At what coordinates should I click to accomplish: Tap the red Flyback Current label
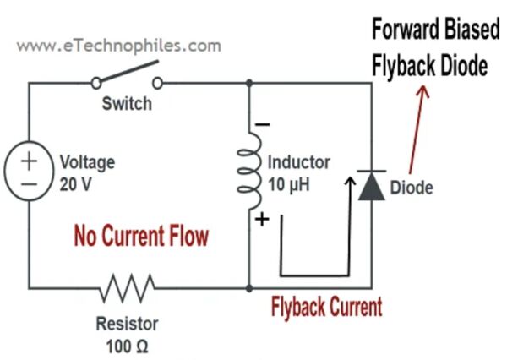pyautogui.click(x=326, y=306)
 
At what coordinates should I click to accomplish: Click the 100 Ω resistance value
pyautogui.click(x=129, y=346)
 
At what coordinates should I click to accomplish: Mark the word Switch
pyautogui.click(x=127, y=105)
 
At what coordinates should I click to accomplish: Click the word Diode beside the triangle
pyautogui.click(x=411, y=188)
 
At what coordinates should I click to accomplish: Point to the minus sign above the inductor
pyautogui.click(x=263, y=124)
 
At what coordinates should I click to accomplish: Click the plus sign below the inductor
pyautogui.click(x=262, y=220)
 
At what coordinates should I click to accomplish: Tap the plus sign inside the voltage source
pyautogui.click(x=30, y=160)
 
